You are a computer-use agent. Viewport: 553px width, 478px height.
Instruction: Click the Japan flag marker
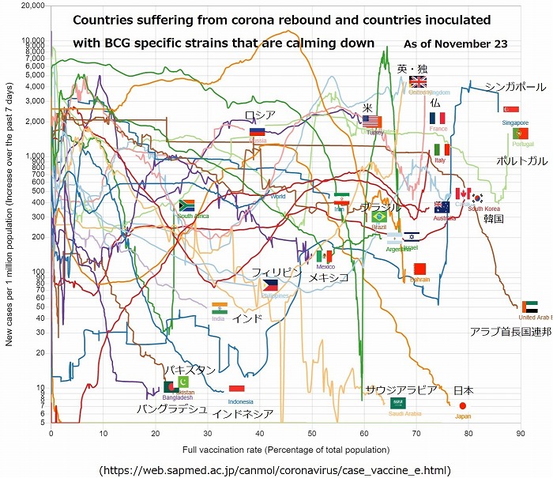tap(462, 406)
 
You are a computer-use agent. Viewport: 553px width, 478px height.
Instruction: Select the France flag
tap(438, 118)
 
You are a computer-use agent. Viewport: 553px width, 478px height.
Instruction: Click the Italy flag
tap(442, 149)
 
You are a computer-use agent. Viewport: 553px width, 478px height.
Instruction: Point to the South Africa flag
tap(187, 205)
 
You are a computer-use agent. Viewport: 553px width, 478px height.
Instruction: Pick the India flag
tap(220, 308)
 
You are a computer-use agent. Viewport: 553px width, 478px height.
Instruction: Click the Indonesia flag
tap(236, 390)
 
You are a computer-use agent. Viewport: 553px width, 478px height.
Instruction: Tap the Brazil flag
tap(379, 216)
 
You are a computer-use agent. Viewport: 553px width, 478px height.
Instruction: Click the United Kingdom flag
tap(418, 82)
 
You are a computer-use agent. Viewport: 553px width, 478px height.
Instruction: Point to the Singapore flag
tap(511, 110)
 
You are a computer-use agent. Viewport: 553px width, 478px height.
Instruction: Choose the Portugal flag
tap(520, 134)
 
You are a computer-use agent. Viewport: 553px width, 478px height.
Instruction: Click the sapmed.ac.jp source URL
tap(275, 469)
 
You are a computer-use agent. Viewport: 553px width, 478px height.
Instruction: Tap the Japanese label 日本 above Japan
tap(464, 390)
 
